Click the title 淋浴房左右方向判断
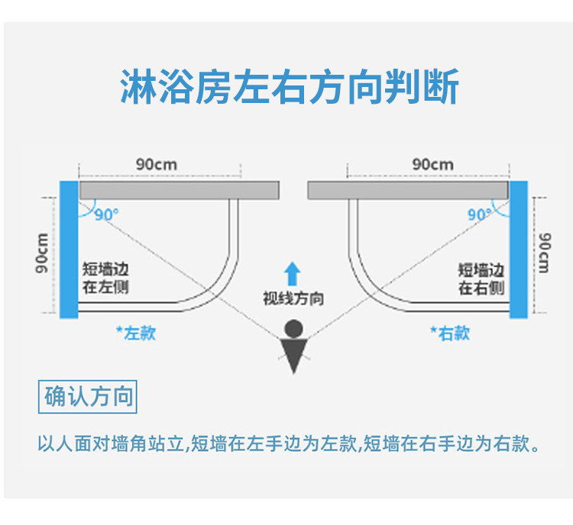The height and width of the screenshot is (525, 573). pos(290,87)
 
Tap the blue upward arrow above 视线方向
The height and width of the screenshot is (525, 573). pos(292,274)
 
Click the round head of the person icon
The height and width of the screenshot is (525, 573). pos(293,329)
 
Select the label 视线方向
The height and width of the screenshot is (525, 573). pos(293,298)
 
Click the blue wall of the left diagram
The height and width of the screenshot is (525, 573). pos(69,250)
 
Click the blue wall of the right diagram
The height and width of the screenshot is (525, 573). pos(519,250)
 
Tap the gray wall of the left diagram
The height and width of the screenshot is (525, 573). pos(180,190)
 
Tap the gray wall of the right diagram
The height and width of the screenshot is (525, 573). pos(408,190)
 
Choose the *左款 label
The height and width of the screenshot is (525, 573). pos(136,333)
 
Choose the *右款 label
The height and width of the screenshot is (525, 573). pos(450,333)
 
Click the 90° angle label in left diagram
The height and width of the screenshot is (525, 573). pos(107,214)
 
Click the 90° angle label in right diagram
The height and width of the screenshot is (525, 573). pos(480,214)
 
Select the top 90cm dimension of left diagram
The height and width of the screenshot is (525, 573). pos(157,165)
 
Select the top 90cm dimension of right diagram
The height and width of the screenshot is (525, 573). pos(432,165)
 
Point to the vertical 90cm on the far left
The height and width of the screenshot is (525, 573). pos(42,253)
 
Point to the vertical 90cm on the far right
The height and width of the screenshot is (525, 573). pos(544,253)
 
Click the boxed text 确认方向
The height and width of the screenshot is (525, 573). pos(88,397)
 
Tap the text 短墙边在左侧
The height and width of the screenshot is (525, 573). pos(105,279)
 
